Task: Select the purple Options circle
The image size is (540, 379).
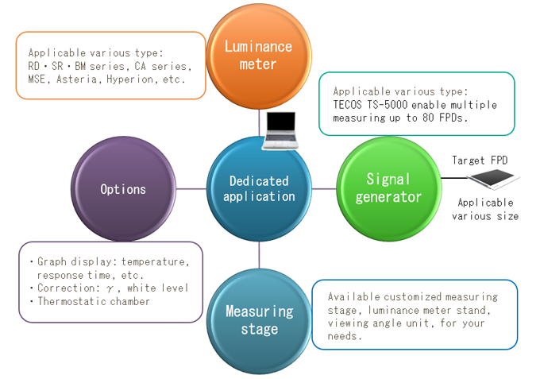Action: [x=124, y=189]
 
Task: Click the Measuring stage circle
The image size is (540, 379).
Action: [x=258, y=319]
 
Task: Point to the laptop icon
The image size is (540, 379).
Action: [x=283, y=130]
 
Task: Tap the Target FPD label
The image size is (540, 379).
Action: [x=479, y=160]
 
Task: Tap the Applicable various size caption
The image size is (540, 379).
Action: [x=485, y=209]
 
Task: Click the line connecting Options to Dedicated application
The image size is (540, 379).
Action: [x=190, y=189]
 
